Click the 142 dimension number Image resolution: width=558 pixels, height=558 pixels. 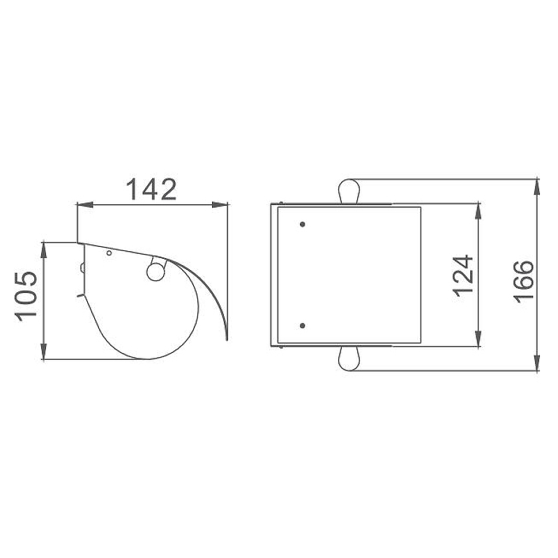151,189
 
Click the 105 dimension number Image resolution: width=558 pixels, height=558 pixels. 26,297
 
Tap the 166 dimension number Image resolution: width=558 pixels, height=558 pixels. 525,282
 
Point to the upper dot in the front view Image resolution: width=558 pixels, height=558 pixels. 303,224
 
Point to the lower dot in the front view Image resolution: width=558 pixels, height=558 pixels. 303,326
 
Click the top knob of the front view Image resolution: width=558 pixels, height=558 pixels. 349,191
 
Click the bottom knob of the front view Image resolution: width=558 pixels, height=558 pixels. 349,359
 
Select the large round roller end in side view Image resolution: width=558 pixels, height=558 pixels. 156,271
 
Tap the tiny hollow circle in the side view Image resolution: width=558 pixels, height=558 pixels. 110,253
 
